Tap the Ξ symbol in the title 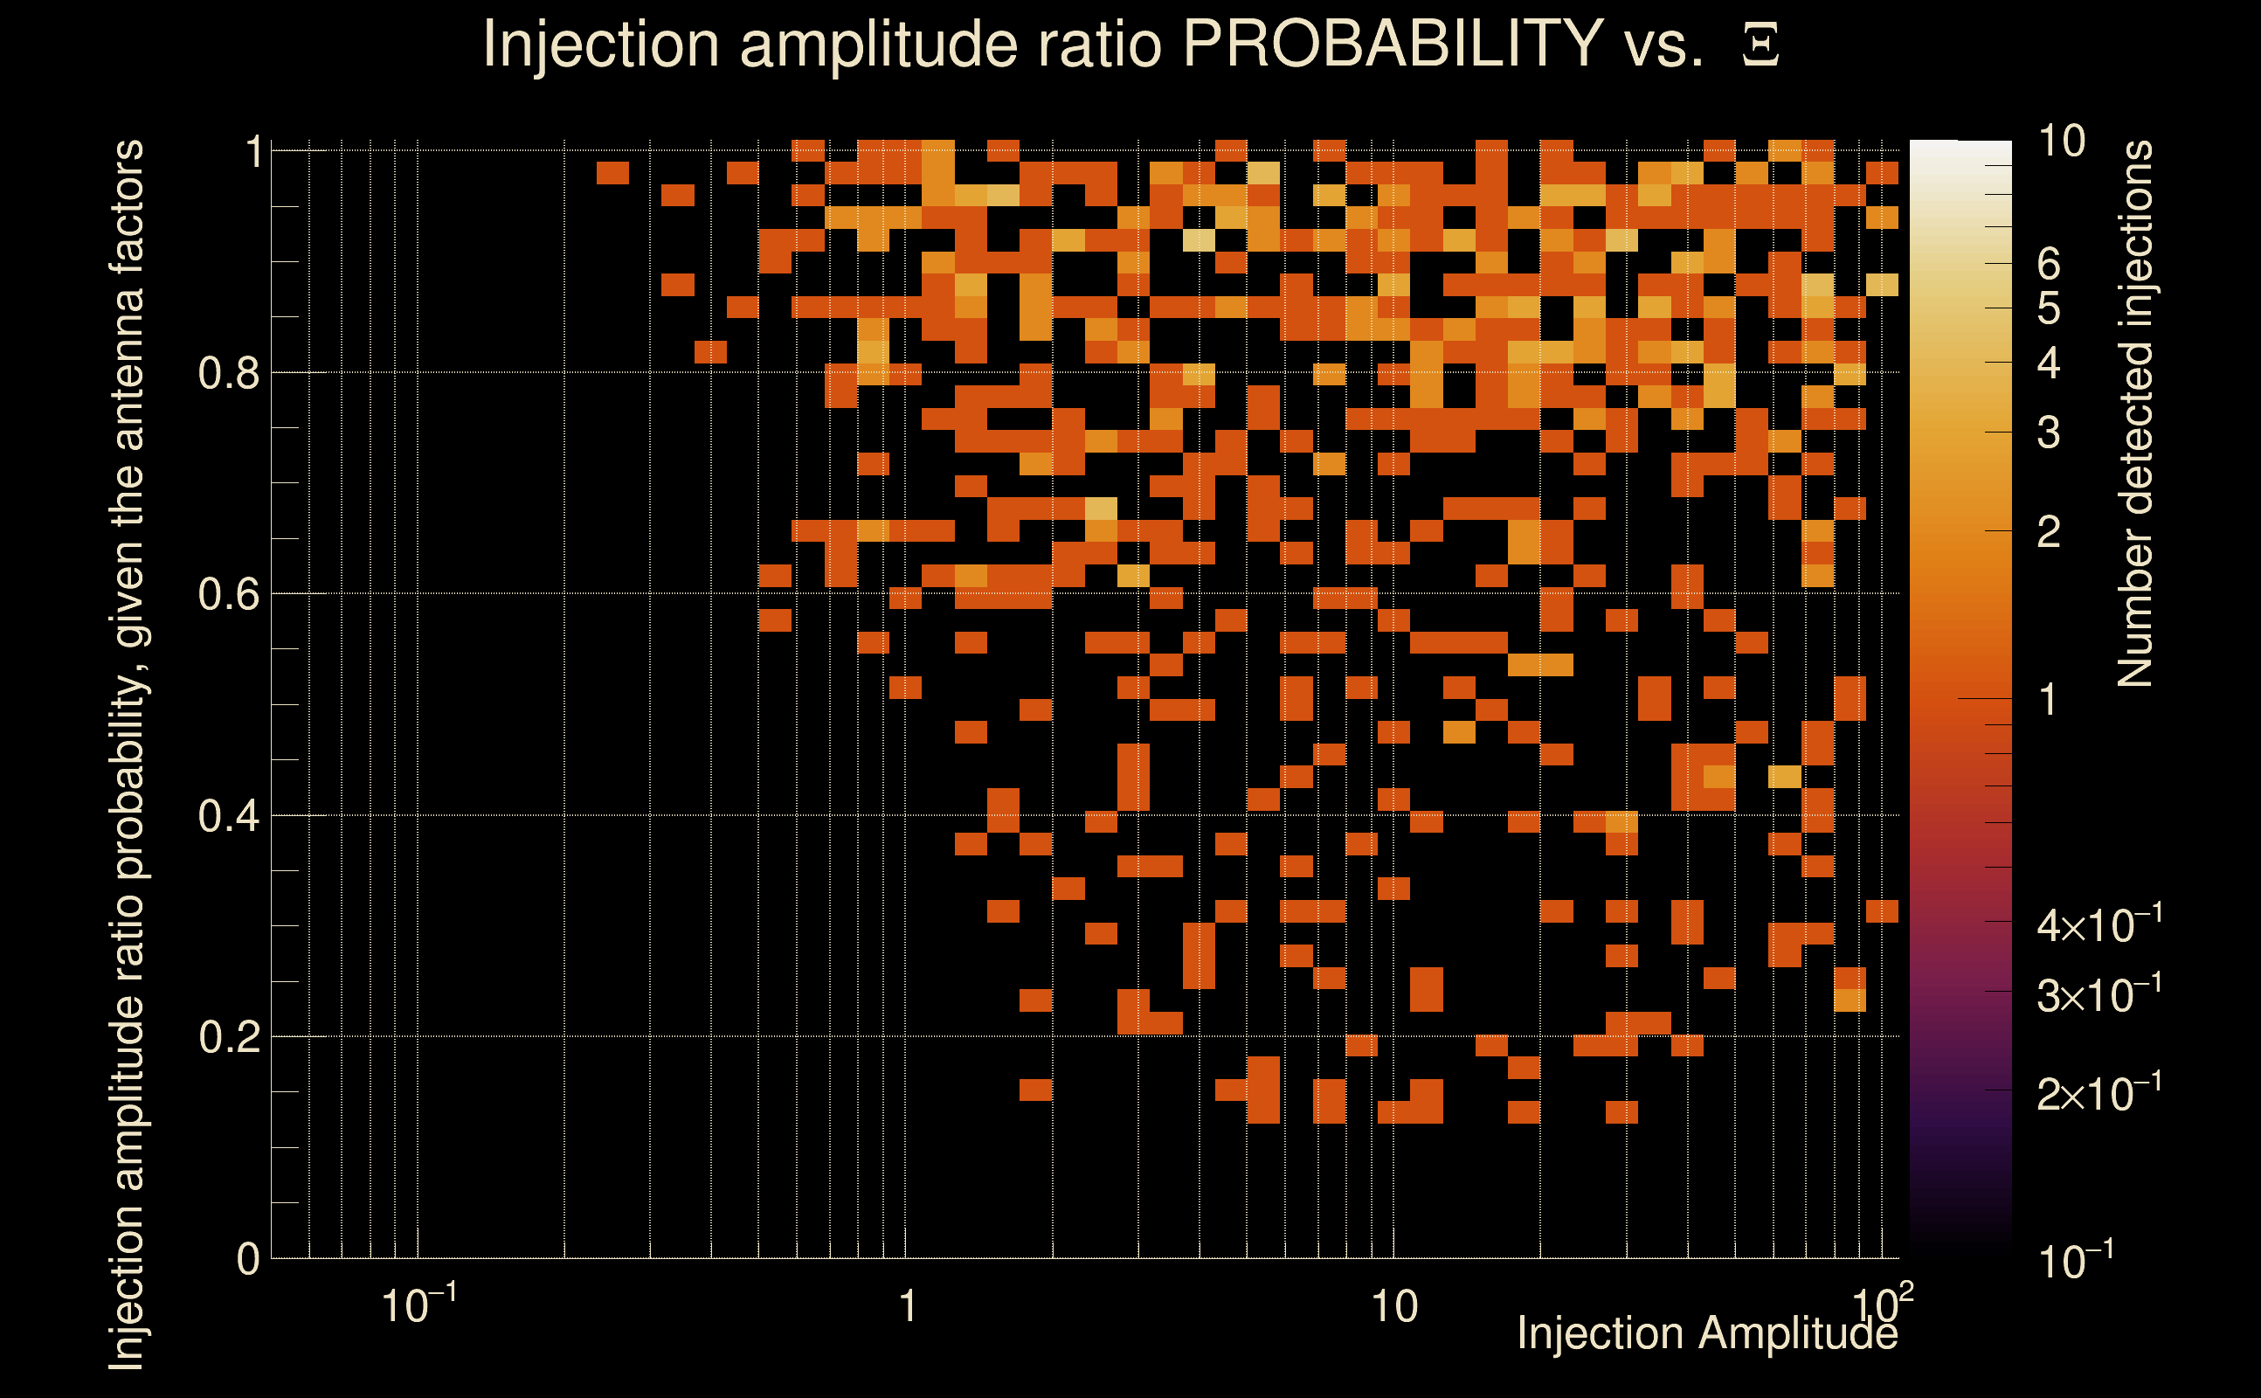coord(1760,45)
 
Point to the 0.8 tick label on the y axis coord(227,374)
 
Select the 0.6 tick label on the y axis coord(227,594)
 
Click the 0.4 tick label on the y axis coord(227,816)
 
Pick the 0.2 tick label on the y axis coord(227,1037)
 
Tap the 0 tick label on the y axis coord(248,1259)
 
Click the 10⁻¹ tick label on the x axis coord(418,1305)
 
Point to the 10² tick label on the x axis coord(1883,1305)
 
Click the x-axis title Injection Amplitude coord(1706,1333)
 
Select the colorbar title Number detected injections coord(2134,413)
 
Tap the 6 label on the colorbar coord(2049,265)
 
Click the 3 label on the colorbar coord(2049,433)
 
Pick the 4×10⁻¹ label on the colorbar coord(2099,924)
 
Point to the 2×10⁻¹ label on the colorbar coord(2099,1093)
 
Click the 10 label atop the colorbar coord(2061,142)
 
